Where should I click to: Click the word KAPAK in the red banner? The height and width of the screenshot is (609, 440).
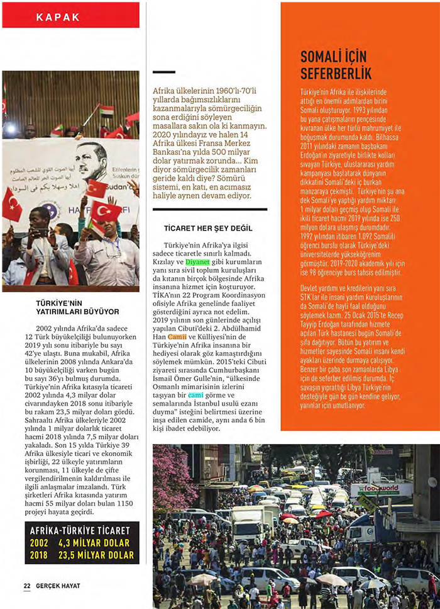pos(58,17)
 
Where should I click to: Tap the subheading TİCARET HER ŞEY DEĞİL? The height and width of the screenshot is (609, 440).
pos(199,227)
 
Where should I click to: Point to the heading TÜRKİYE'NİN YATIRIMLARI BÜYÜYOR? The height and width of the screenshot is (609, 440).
pos(77,307)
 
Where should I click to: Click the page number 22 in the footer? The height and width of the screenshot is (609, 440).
pos(27,586)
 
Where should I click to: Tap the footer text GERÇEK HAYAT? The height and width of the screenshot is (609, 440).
pos(57,586)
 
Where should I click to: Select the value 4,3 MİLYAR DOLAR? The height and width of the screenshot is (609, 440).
pos(94,543)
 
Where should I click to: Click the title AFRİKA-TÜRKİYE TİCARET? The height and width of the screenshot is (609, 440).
pos(80,530)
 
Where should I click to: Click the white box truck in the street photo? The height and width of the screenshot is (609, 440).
pos(251,520)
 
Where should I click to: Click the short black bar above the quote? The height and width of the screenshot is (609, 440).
pos(164,72)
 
